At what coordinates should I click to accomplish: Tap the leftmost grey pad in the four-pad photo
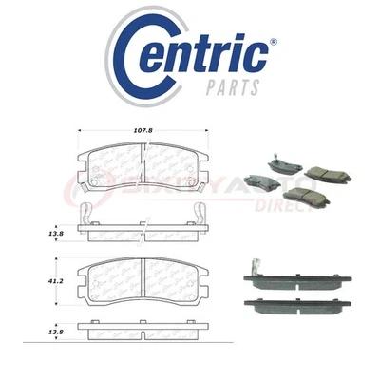coord(256,178)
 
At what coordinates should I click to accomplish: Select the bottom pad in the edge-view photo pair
coord(299,306)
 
